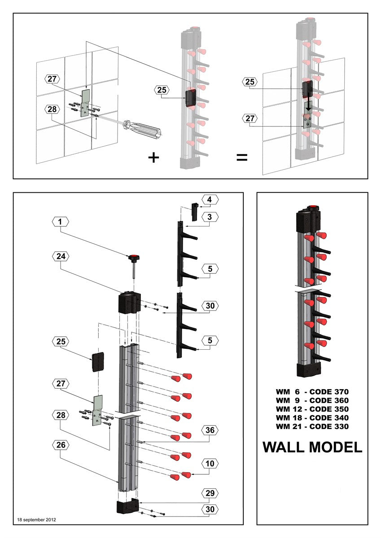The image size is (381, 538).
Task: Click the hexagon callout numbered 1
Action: (60, 221)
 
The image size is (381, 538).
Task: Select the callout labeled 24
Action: (60, 256)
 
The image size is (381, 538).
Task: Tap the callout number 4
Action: (210, 199)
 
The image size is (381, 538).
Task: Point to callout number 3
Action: (210, 217)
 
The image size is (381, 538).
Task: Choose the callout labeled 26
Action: (60, 445)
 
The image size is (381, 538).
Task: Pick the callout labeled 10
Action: (210, 463)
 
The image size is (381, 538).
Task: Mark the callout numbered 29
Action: (210, 493)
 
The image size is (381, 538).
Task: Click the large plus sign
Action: (153, 157)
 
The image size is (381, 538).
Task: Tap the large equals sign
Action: (242, 157)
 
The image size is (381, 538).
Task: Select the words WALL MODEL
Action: (312, 447)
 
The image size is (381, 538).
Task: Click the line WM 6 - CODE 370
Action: (312, 391)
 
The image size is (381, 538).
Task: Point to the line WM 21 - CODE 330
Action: (312, 426)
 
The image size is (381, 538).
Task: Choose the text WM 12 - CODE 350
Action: (312, 409)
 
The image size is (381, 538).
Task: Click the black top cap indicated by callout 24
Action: (129, 303)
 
